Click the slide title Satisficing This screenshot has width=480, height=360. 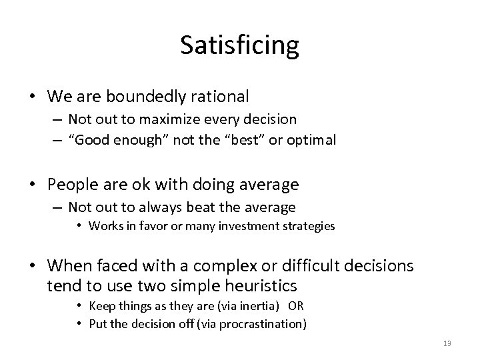(x=239, y=46)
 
